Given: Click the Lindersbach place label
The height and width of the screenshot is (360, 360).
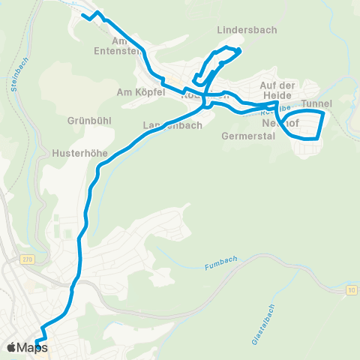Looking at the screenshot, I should (x=247, y=31).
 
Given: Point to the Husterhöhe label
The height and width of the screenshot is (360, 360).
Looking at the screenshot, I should (x=80, y=152).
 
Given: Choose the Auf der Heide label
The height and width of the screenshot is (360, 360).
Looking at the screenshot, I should (x=279, y=90).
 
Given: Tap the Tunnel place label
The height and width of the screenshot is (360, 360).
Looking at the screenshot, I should (x=316, y=104).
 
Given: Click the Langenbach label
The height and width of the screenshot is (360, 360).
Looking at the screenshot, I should (x=172, y=125).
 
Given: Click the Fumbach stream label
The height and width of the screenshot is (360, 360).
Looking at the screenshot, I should (x=218, y=266).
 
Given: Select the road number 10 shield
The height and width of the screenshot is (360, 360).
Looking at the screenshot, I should (x=350, y=289).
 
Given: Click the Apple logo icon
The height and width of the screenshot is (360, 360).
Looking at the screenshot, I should (x=12, y=347).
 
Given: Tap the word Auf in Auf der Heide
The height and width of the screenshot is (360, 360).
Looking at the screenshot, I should (x=269, y=85).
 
